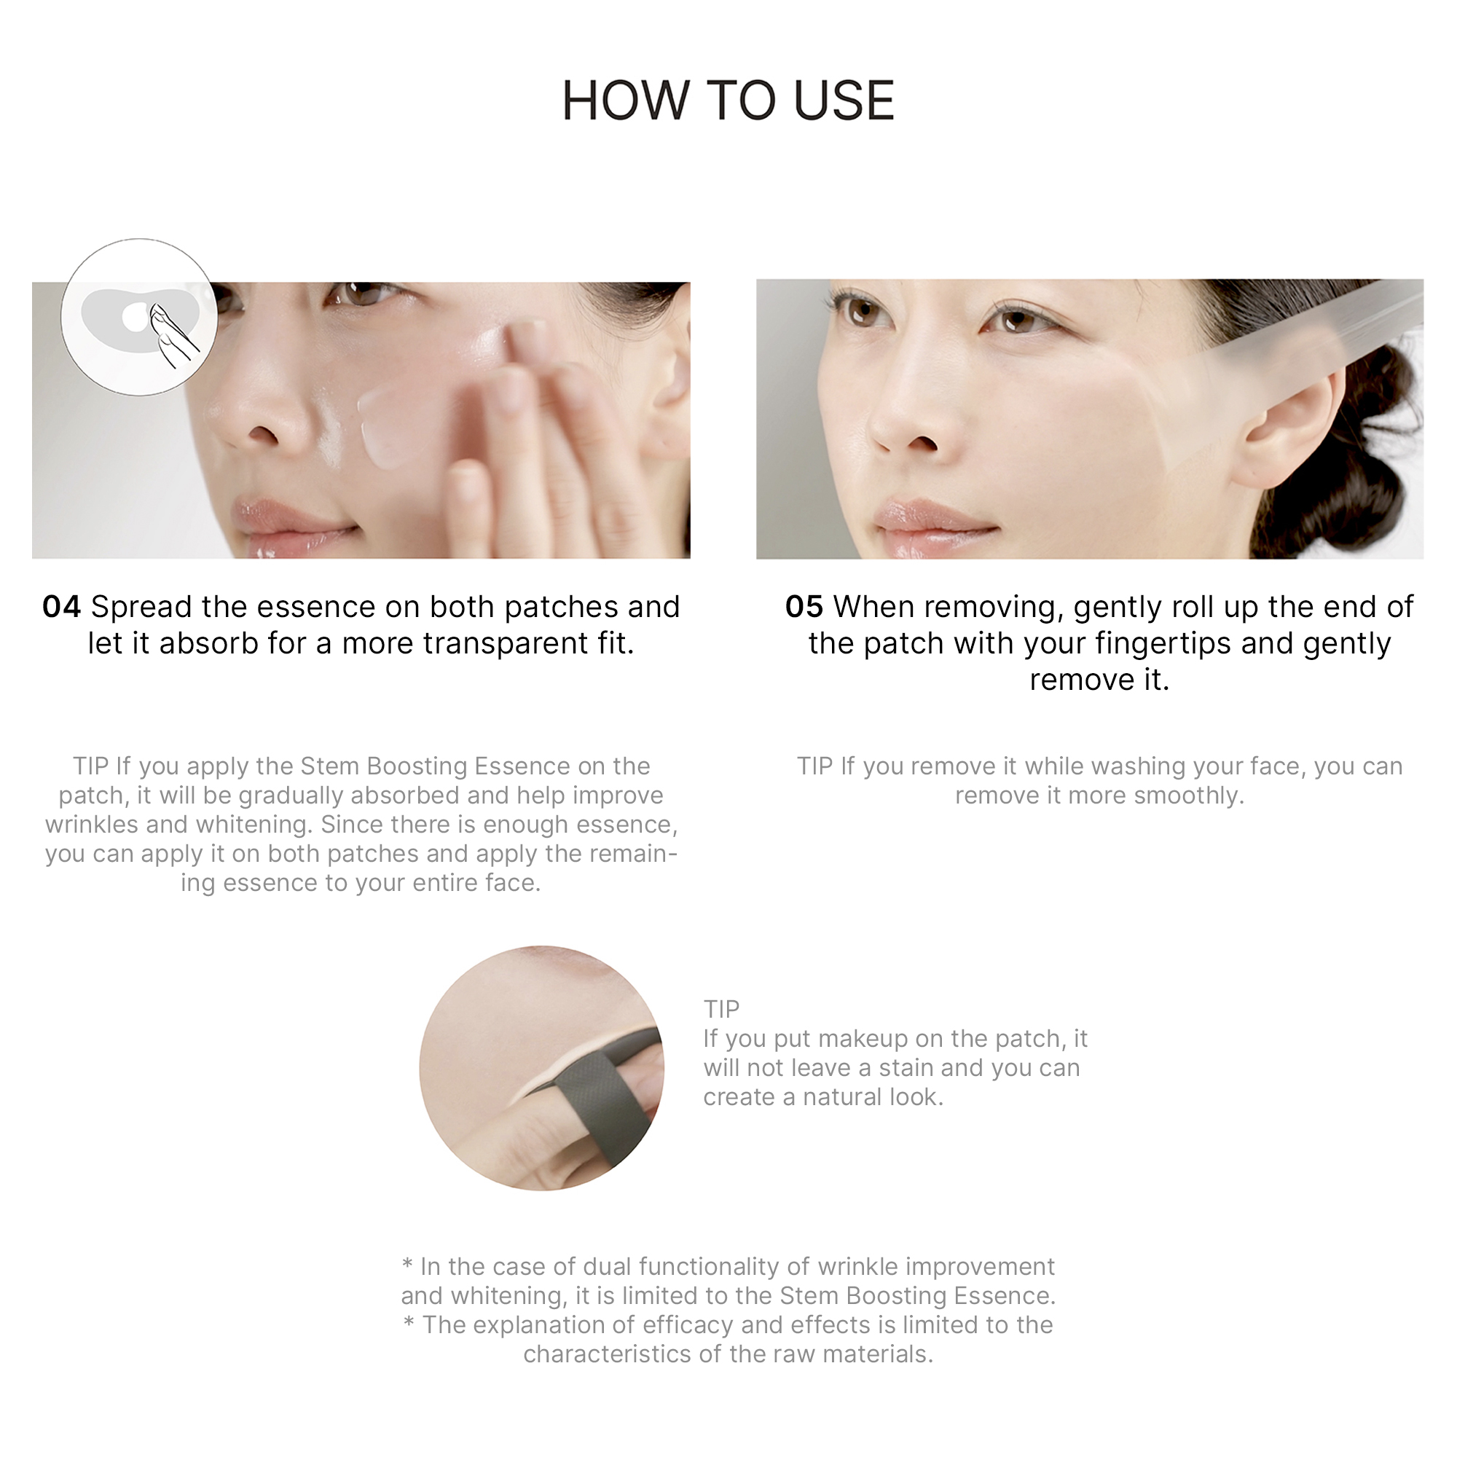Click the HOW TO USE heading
click(728, 101)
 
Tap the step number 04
click(61, 607)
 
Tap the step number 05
click(804, 607)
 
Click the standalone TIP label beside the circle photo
click(722, 1009)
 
